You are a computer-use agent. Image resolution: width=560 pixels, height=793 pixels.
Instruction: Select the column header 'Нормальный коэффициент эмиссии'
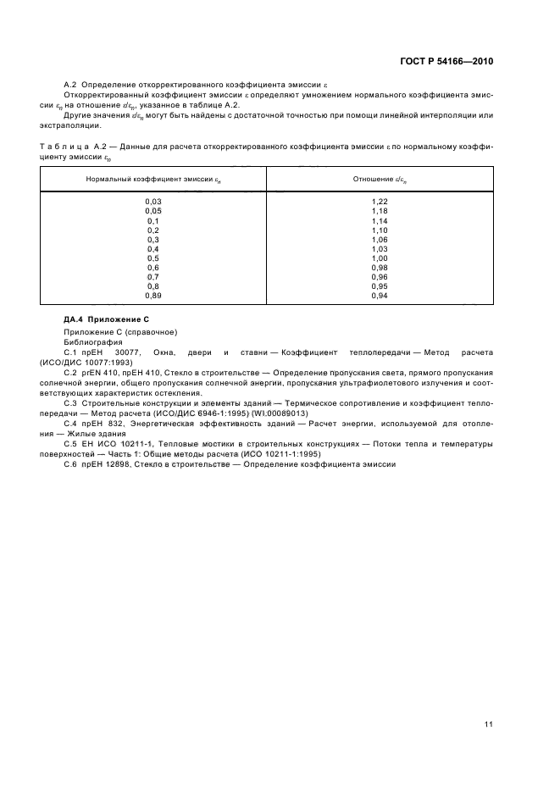click(x=153, y=179)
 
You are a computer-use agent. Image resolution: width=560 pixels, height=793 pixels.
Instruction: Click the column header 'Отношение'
click(x=379, y=179)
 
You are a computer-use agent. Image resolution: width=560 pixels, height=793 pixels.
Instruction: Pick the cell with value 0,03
click(x=153, y=202)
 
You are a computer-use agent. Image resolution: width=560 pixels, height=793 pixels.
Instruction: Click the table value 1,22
click(x=379, y=202)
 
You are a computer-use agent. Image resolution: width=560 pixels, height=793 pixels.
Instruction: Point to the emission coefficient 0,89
click(x=153, y=297)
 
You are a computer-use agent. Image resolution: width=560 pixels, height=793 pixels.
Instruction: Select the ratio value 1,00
click(x=379, y=258)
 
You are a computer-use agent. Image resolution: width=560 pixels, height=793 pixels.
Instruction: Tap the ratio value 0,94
click(x=379, y=297)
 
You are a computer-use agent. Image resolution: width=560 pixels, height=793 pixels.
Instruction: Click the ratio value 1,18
click(x=379, y=211)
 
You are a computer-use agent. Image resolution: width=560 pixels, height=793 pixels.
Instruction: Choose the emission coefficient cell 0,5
click(x=153, y=258)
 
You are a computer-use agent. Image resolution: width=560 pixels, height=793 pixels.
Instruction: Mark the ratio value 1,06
click(x=379, y=240)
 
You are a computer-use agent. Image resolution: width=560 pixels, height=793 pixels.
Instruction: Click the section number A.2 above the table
click(x=71, y=86)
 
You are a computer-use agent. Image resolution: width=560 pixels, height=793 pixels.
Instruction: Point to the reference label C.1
click(x=71, y=351)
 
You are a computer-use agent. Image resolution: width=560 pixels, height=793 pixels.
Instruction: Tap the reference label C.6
click(x=71, y=464)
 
